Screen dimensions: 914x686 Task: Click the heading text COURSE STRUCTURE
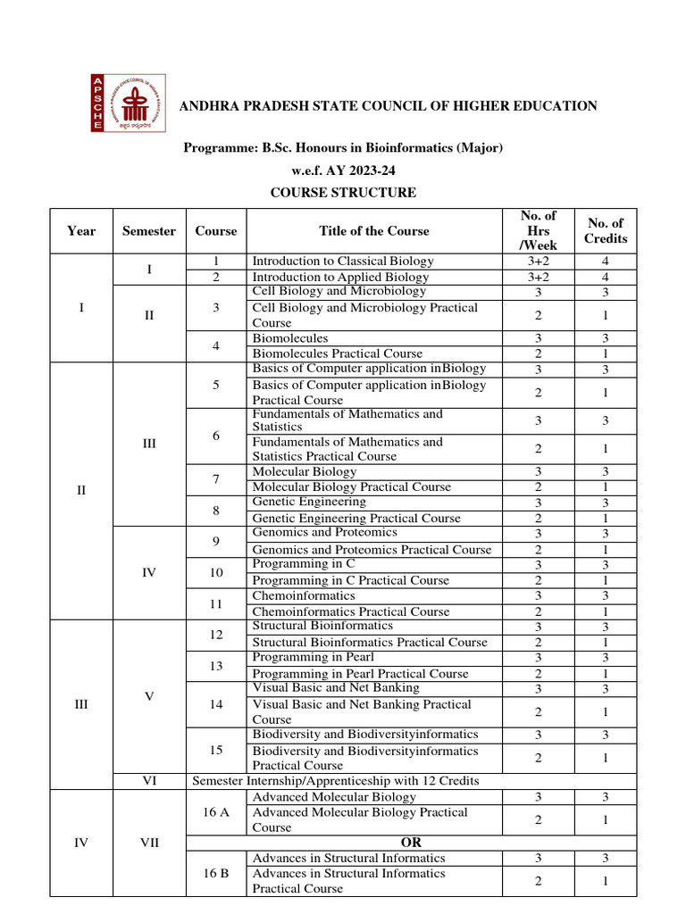coord(343,193)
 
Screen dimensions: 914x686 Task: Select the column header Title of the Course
coord(374,231)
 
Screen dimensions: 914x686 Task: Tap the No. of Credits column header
coord(606,231)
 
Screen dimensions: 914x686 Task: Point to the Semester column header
coord(149,231)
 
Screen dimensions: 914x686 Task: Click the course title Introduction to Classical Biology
coord(343,262)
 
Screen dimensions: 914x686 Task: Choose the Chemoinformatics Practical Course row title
coord(349,611)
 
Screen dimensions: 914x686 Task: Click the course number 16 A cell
coord(216,812)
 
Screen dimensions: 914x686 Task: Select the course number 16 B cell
coord(216,874)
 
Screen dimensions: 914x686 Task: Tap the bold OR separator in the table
coord(412,843)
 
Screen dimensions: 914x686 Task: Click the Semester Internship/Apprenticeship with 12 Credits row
coord(336,781)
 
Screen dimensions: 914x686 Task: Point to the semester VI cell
coord(149,781)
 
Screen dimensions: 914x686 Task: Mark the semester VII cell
coord(149,843)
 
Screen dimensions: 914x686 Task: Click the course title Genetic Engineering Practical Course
coord(356,518)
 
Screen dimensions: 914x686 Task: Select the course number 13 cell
coord(216,666)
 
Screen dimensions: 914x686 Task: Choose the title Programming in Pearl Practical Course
coord(358,674)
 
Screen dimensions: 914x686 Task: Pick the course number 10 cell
coord(216,572)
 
